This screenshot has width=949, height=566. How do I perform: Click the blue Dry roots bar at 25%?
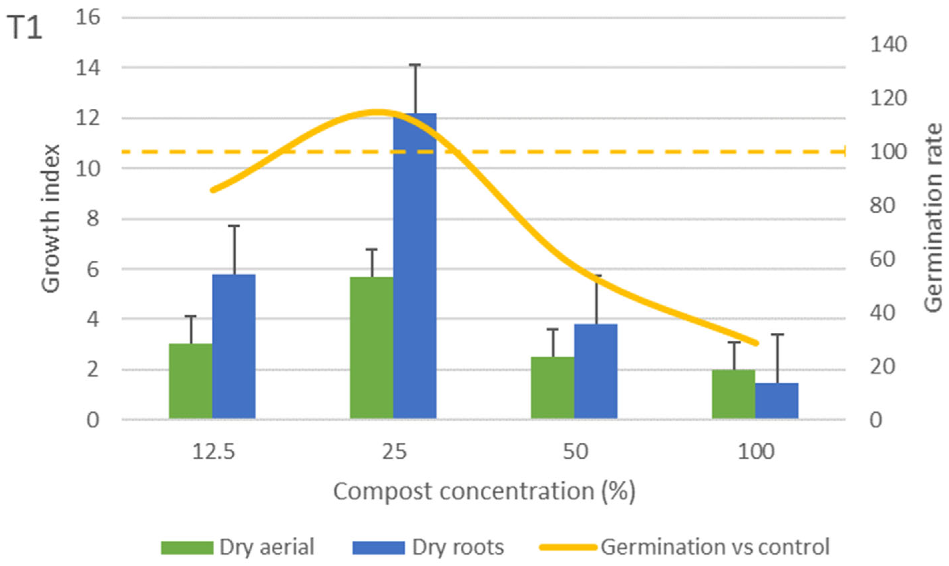pyautogui.click(x=415, y=267)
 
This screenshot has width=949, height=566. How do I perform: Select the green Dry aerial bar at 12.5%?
pyautogui.click(x=191, y=381)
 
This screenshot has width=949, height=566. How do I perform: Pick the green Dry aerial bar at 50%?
pyautogui.click(x=552, y=388)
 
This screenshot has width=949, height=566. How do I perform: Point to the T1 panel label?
pyautogui.click(x=24, y=29)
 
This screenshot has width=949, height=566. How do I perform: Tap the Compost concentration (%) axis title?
pyautogui.click(x=484, y=492)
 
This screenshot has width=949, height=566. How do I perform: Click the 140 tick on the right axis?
pyautogui.click(x=888, y=45)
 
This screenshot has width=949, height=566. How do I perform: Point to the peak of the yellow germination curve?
pyautogui.click(x=376, y=112)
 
